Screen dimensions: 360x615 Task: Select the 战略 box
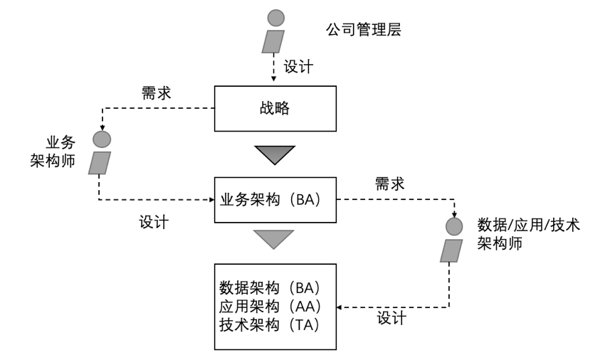[x=274, y=109]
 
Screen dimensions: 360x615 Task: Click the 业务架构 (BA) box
[x=274, y=200]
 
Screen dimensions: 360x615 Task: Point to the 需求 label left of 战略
[x=155, y=92]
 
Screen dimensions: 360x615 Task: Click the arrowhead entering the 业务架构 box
[x=211, y=200]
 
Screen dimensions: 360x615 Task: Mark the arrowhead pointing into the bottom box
[x=339, y=307]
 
